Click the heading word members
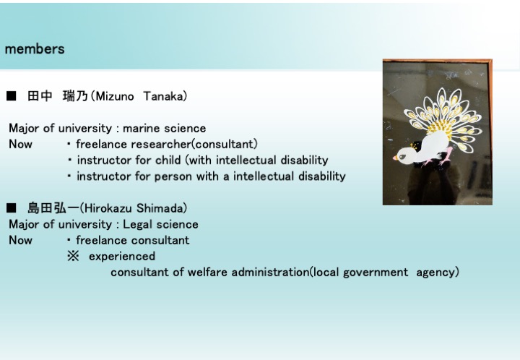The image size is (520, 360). pos(35,49)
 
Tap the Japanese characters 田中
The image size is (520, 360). pos(40,96)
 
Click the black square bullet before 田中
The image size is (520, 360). pos(12,96)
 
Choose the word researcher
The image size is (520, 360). pos(161,145)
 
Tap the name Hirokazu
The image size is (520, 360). pos(107,208)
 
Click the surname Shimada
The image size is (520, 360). pos(160,208)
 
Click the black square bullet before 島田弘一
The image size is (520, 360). pos(12,208)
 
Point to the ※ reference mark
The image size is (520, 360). pos(73,256)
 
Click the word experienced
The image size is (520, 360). pos(122,257)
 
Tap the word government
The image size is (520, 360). pos(376,273)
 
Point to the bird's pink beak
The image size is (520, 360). pos(395,158)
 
